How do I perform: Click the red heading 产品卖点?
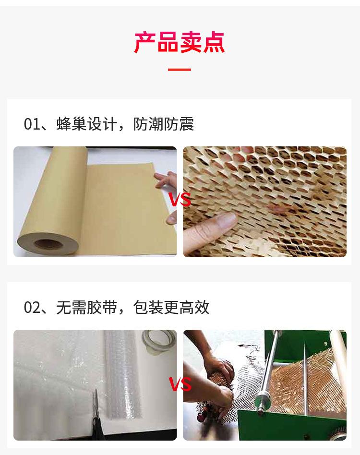point(180,43)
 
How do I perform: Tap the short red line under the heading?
point(180,70)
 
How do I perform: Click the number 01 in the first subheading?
point(32,124)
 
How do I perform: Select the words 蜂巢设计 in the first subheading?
point(86,124)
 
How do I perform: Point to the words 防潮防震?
point(164,124)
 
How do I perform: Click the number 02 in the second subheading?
point(32,308)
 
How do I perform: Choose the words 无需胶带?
point(86,308)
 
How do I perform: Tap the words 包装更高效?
point(171,308)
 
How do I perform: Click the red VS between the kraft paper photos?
point(180,200)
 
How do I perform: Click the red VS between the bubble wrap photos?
point(180,384)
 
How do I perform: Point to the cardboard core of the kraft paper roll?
point(48,244)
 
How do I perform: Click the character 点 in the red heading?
point(214,43)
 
